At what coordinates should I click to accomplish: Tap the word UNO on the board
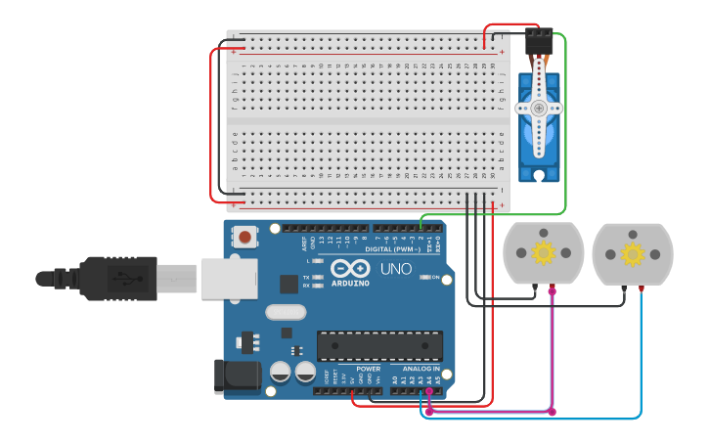(x=395, y=268)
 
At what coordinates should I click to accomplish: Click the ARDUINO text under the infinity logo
(x=350, y=284)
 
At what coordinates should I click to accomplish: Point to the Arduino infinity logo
(x=349, y=269)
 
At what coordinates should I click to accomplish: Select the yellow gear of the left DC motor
(x=543, y=253)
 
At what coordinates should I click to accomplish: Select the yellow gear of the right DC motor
(x=633, y=254)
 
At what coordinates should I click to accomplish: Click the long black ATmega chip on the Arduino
(x=379, y=345)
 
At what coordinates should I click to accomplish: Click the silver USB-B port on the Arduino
(x=229, y=278)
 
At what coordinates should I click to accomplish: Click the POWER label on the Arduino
(x=369, y=370)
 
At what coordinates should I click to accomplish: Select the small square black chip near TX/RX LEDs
(x=288, y=284)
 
